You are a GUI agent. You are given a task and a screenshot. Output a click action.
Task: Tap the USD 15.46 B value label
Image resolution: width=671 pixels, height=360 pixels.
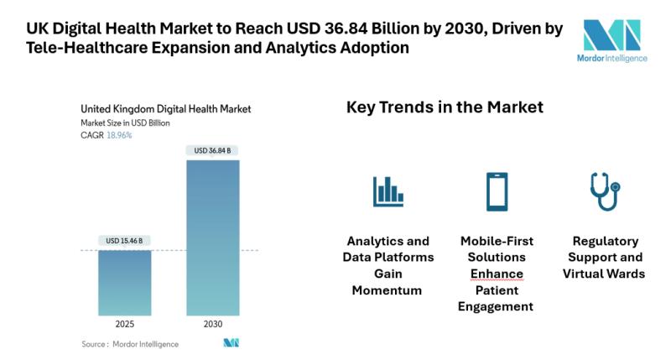(x=124, y=241)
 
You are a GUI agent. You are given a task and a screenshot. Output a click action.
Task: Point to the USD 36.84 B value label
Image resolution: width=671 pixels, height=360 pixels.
(x=212, y=150)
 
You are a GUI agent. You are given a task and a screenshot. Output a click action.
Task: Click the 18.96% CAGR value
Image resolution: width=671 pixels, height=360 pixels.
(x=119, y=134)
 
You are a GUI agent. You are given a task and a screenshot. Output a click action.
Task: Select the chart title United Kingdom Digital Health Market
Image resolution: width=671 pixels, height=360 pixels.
(x=165, y=109)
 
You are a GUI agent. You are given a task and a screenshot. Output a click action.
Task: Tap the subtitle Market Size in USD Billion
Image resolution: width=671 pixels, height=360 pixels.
(x=125, y=123)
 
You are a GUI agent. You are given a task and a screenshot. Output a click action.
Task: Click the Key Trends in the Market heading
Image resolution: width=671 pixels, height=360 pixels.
(x=445, y=107)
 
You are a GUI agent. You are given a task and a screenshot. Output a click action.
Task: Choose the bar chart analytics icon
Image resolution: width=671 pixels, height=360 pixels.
(x=388, y=191)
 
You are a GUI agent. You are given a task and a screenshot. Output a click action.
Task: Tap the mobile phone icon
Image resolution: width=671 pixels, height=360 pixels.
(x=497, y=191)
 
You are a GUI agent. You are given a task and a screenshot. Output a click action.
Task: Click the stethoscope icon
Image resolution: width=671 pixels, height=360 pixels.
(x=603, y=191)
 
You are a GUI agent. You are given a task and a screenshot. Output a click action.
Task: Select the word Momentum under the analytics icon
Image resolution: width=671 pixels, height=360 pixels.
(x=388, y=290)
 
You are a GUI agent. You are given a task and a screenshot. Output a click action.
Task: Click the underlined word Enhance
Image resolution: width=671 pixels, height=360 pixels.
(x=496, y=274)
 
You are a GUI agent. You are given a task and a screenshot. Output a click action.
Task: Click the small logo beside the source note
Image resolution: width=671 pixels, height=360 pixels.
(x=231, y=343)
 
